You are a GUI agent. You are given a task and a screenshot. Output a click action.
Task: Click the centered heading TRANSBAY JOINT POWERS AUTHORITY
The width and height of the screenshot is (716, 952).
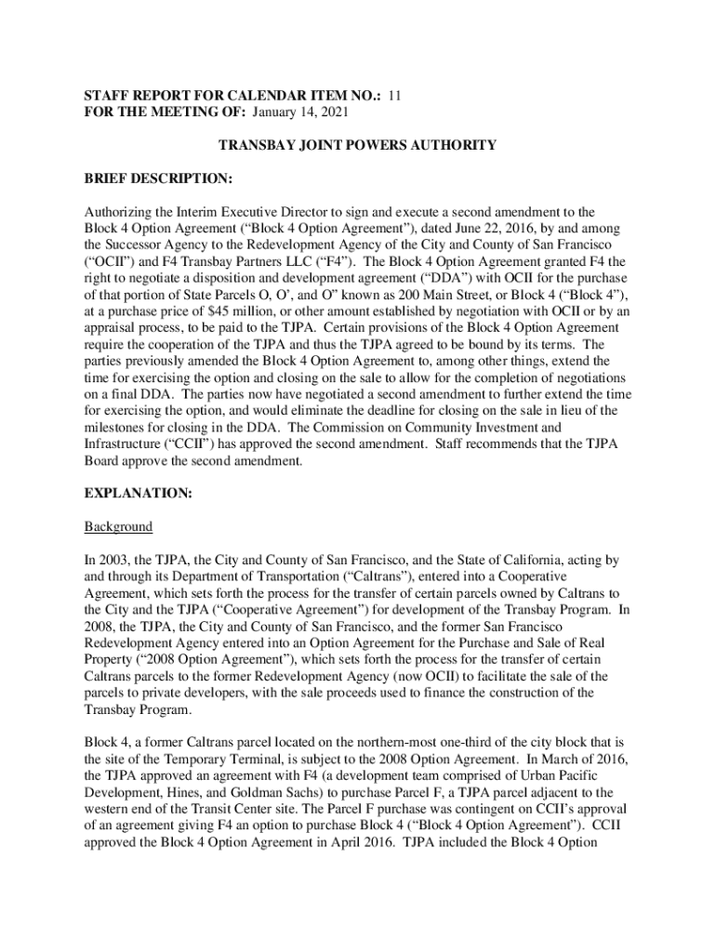357,145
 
